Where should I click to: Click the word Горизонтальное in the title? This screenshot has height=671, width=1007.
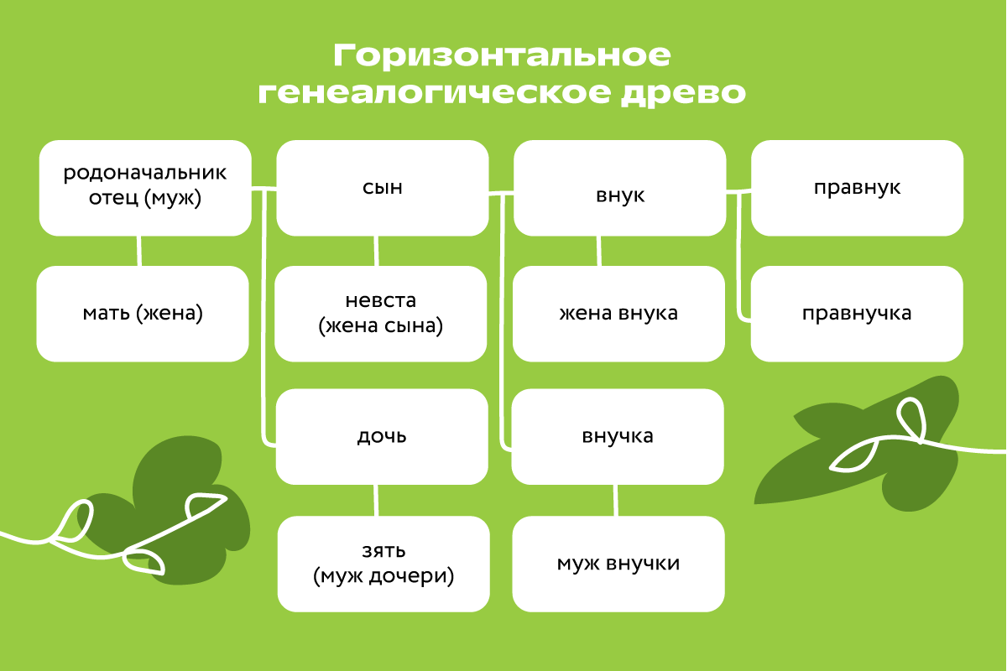coord(502,56)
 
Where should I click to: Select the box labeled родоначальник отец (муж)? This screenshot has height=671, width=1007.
coord(145,187)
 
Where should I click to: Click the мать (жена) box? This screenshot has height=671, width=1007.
coord(143,314)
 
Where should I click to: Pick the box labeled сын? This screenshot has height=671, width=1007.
coord(382,187)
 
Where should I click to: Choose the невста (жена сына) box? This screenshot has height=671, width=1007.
coord(380,314)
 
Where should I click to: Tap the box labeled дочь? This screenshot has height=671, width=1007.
coord(382,436)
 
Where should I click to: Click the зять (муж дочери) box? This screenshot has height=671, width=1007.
coord(383,564)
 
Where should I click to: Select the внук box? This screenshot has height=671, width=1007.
coord(619,195)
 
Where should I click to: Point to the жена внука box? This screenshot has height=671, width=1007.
coord(618,314)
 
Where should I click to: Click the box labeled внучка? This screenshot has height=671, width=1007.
coord(618,436)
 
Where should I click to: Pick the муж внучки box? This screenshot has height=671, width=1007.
coord(618,564)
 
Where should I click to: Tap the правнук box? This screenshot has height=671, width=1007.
coord(857,187)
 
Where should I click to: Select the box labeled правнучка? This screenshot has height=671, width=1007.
coord(857,314)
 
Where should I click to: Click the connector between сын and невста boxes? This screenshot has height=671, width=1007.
coord(376,250)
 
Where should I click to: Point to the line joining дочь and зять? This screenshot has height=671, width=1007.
coord(376,500)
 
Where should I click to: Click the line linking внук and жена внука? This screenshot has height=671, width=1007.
coord(598,250)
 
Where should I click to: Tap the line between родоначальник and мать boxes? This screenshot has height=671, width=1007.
coord(139,250)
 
